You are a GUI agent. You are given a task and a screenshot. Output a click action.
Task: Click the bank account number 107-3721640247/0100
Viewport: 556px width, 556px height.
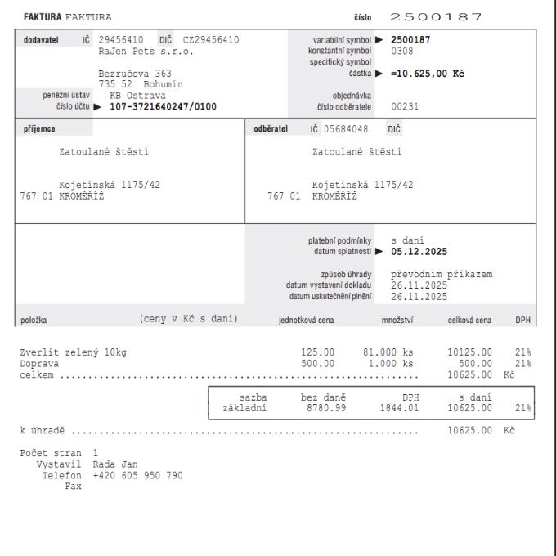[157, 105]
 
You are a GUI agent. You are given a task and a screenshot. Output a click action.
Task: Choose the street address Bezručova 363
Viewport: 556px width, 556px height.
[135, 74]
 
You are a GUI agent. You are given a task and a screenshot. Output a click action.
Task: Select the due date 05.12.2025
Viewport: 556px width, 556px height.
[419, 251]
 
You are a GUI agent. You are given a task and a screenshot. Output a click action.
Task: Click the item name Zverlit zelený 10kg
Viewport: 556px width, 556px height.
[76, 353]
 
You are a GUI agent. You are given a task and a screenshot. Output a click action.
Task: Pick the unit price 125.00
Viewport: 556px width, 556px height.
[318, 353]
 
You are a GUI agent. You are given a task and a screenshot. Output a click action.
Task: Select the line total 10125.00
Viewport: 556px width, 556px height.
[470, 353]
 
